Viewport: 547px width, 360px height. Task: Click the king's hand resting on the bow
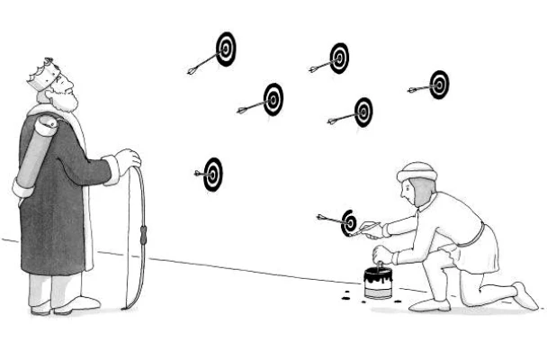(129, 160)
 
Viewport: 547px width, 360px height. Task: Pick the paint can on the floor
(378, 284)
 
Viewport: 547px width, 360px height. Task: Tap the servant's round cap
(417, 170)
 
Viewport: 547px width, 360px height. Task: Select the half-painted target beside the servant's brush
(349, 221)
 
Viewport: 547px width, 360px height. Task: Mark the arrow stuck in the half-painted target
(331, 218)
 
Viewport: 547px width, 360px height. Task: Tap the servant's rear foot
(525, 295)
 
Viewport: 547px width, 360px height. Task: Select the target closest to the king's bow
(213, 174)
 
